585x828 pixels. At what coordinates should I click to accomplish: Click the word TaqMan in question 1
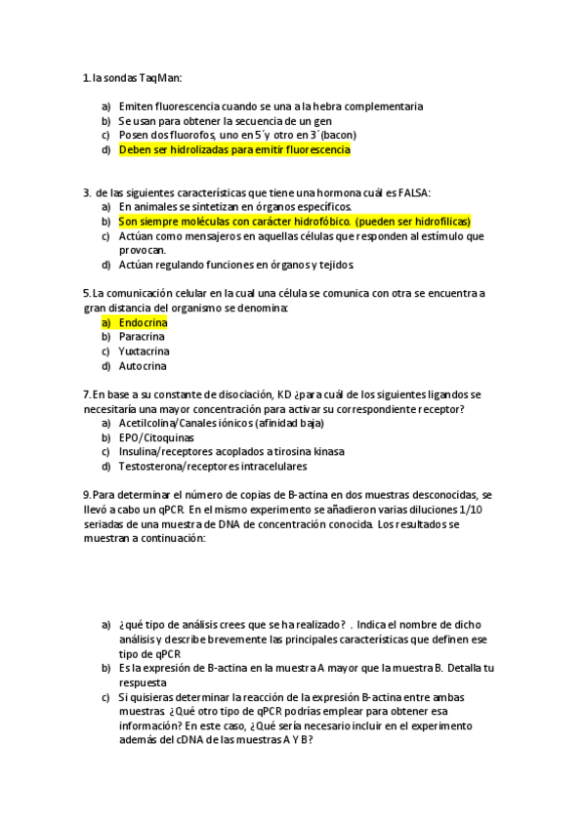[163, 78]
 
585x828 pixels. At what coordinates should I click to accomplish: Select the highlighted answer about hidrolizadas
[234, 150]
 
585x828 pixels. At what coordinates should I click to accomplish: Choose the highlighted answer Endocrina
[143, 322]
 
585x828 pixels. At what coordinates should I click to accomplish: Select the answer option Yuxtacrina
[144, 352]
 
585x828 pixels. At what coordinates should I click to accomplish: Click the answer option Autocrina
[143, 366]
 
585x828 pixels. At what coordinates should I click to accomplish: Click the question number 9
[86, 495]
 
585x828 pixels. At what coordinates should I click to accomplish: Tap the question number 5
[86, 293]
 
